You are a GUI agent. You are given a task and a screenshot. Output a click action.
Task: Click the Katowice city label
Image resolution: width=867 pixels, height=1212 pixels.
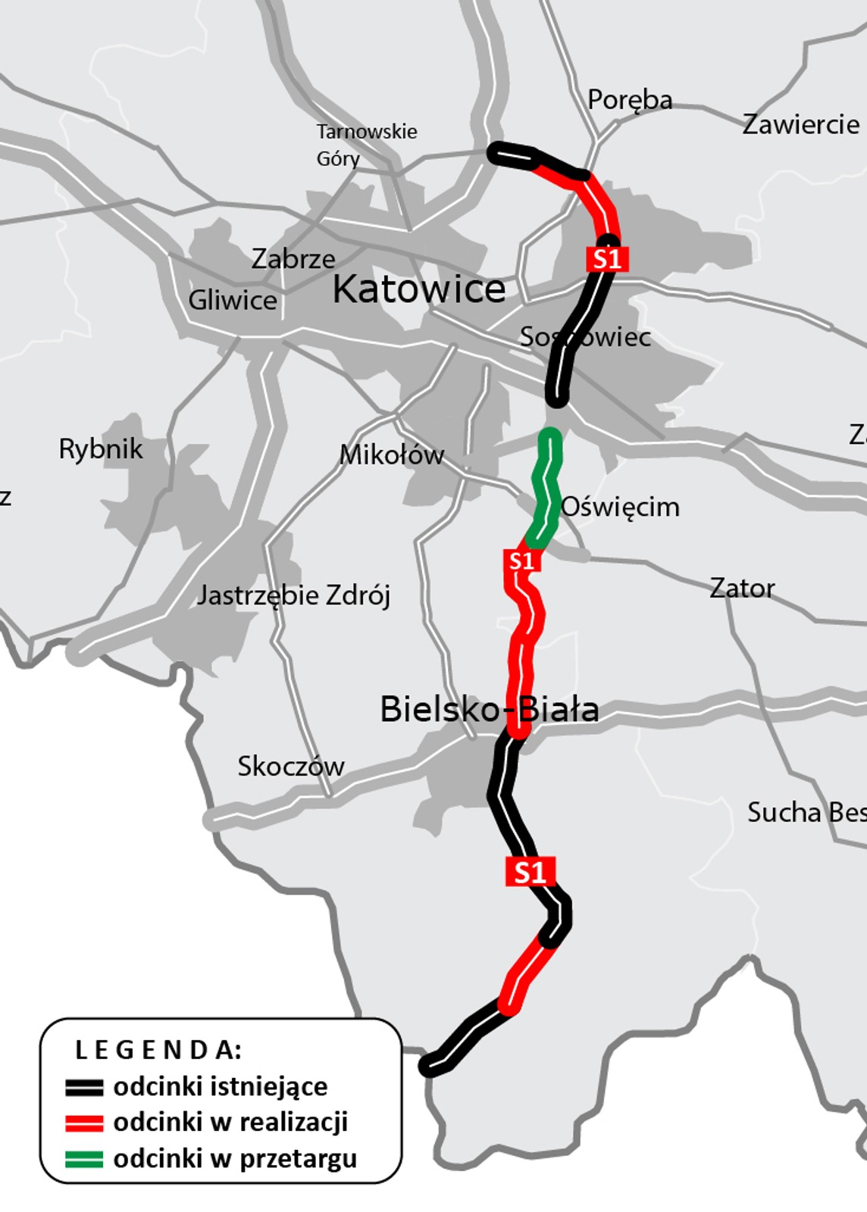418,289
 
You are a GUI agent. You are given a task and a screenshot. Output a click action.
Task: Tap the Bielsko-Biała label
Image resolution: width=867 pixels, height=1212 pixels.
490,710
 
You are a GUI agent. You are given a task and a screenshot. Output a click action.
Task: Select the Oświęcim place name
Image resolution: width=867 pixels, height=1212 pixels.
620,507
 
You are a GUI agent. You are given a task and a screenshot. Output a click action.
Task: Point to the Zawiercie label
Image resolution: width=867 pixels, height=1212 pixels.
801,124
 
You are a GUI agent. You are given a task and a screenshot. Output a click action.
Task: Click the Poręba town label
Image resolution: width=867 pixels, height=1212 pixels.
630,100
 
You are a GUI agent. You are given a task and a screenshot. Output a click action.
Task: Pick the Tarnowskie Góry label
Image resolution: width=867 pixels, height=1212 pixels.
366,145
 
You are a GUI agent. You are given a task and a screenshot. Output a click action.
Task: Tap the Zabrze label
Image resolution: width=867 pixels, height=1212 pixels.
293,259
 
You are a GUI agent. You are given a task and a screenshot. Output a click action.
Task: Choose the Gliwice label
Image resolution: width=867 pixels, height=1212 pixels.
233,300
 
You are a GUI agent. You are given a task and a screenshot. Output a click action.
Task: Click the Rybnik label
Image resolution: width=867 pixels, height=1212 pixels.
101,449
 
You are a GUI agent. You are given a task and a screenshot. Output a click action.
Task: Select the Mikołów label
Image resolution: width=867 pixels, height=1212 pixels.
391,455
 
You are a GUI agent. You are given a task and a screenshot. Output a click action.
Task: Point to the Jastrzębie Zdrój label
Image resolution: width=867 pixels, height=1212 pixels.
293,595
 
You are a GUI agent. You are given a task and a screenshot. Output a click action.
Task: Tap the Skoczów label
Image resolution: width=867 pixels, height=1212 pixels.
291,767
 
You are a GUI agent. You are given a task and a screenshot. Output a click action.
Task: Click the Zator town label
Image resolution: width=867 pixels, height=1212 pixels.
742,588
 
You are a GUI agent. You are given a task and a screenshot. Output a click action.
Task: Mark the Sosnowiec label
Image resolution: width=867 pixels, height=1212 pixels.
585,337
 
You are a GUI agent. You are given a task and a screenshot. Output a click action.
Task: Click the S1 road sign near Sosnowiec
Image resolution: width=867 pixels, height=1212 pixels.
607,259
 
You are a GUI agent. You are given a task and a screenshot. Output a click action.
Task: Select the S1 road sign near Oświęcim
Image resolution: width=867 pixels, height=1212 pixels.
521,561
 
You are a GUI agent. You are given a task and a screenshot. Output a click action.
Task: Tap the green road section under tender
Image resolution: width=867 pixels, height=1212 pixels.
547,485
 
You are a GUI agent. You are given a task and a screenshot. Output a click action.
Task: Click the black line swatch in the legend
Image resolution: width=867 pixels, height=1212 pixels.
84,1088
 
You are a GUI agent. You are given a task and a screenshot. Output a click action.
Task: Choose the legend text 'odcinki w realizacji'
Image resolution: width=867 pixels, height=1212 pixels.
230,1122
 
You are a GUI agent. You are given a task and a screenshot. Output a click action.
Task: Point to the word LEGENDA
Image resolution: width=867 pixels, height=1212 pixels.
158,1050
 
